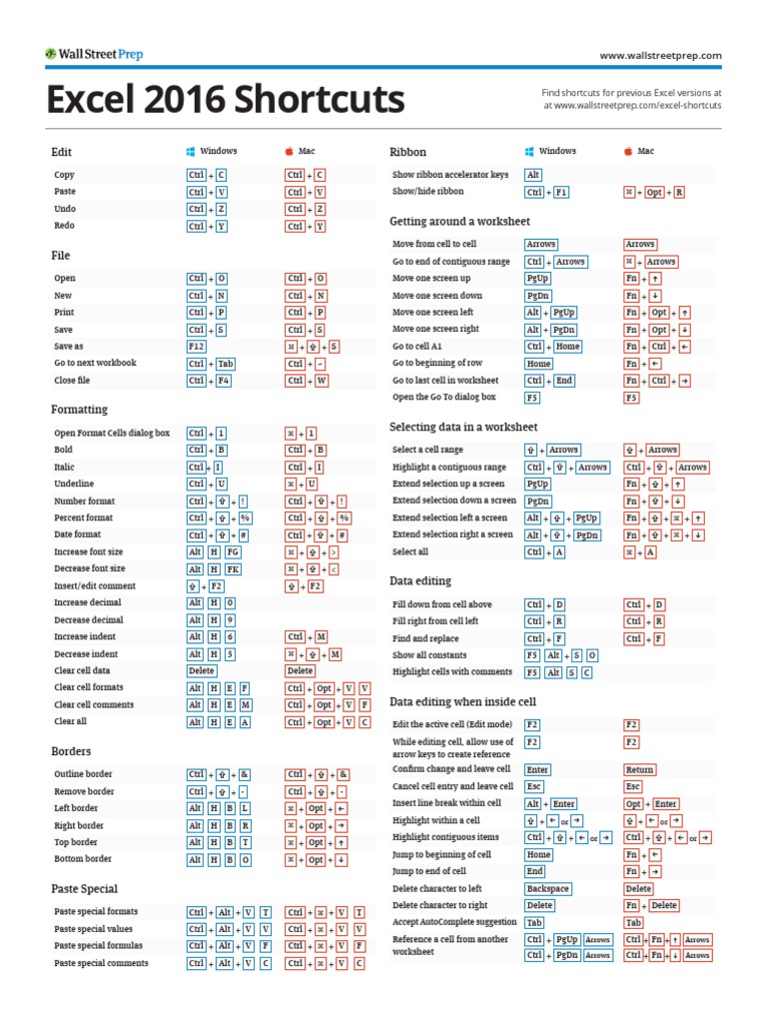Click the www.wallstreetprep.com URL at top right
click(660, 56)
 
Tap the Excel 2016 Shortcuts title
click(225, 100)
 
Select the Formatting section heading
click(79, 410)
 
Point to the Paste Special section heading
click(84, 889)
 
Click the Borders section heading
click(71, 751)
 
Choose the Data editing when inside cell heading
click(462, 702)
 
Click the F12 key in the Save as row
click(196, 347)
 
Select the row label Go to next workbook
click(95, 364)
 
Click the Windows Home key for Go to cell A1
click(567, 347)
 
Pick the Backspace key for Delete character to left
click(548, 889)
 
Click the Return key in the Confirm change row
click(639, 770)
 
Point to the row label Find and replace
click(425, 638)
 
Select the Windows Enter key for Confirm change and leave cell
click(537, 770)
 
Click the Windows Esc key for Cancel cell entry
click(533, 787)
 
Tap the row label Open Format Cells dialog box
click(112, 434)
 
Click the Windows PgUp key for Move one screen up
click(537, 279)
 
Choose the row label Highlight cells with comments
click(452, 672)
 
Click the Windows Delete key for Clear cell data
click(201, 671)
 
